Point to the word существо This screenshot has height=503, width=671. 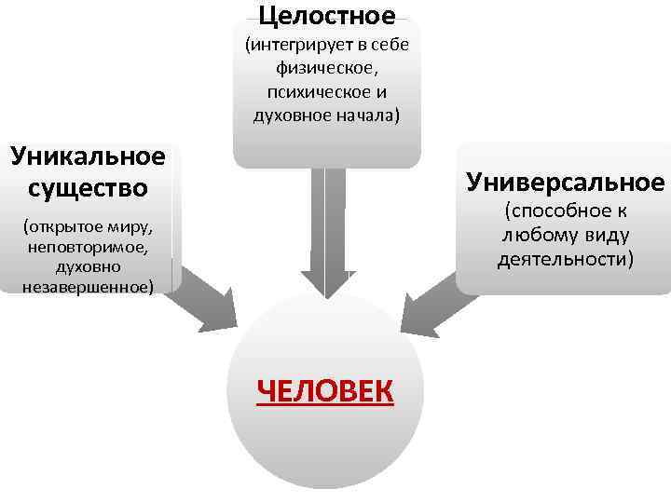tap(88, 187)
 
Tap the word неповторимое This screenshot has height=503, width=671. tap(89, 248)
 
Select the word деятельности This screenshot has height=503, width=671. tap(566, 258)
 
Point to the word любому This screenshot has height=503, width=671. tap(542, 235)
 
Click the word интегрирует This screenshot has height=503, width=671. tap(303, 45)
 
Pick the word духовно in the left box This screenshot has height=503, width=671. tap(88, 267)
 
